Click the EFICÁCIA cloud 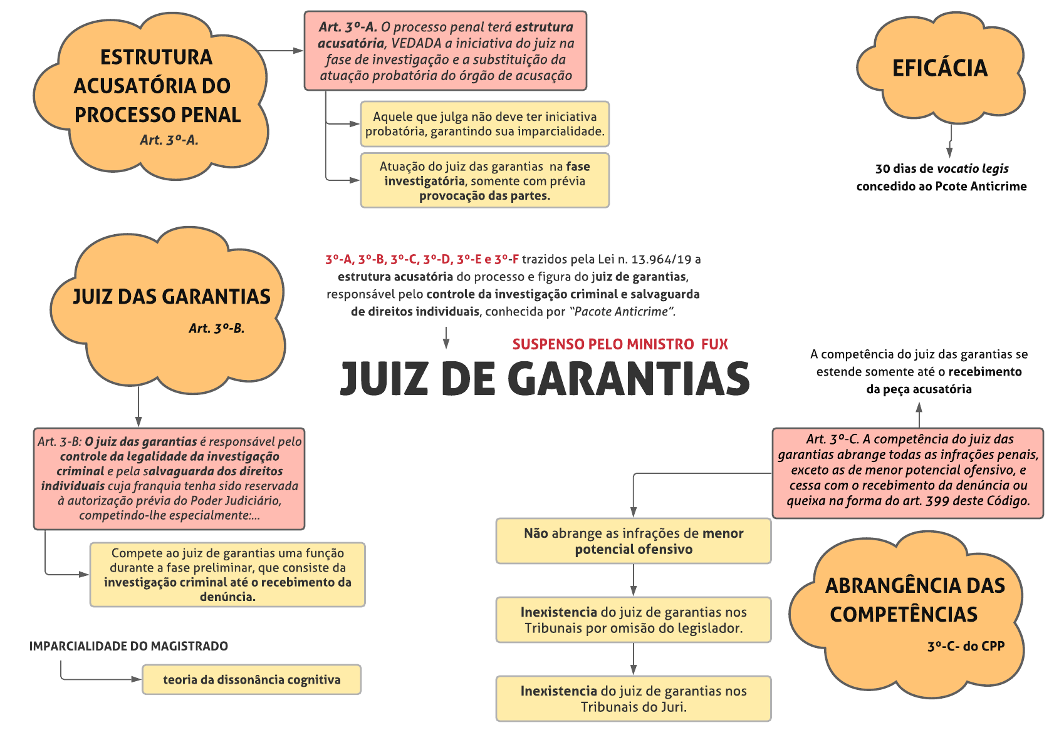pos(939,68)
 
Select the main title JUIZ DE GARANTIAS pos(545,379)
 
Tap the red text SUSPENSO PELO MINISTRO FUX pos(620,344)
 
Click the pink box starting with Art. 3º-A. pos(445,51)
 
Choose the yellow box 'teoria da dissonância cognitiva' pos(251,680)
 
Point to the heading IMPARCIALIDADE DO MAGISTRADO pos(128,646)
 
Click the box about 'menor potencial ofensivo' pos(633,541)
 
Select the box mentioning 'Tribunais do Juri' pos(633,699)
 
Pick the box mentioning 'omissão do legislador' pos(633,620)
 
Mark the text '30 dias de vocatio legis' pos(941,169)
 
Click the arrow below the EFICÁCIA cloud pos(950,141)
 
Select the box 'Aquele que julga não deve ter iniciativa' pos(484,124)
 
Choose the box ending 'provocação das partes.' pos(484,180)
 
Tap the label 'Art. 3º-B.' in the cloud pos(216,329)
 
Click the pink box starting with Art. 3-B pos(169,479)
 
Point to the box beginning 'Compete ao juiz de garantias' pos(227,575)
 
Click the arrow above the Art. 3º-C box pos(919,414)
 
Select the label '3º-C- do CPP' pos(966,647)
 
